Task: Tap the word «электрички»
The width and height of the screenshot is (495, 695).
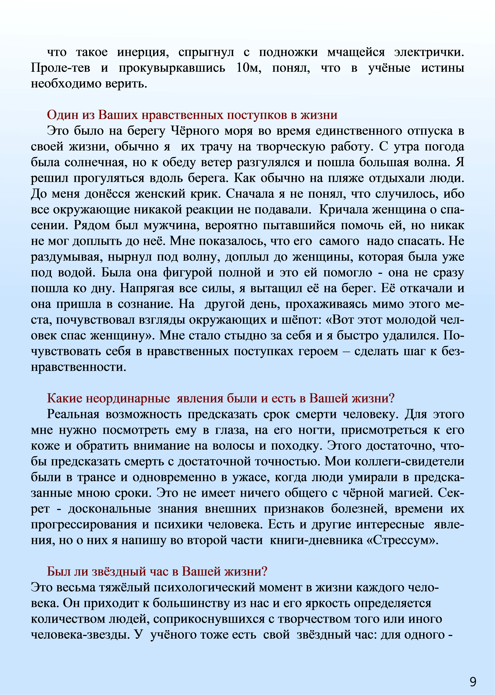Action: click(429, 52)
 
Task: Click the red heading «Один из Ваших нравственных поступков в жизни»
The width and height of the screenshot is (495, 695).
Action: click(192, 115)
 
